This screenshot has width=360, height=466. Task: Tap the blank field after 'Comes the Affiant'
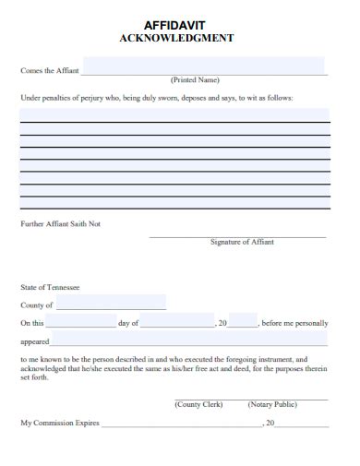203,66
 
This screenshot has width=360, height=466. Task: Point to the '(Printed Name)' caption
195,80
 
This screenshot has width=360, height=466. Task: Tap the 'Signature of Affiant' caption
242,242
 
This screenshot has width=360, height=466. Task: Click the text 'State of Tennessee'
50,287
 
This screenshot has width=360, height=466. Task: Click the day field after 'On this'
80,322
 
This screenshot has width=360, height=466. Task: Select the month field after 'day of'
176,322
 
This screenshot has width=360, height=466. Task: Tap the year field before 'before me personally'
243,322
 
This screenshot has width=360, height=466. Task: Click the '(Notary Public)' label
272,404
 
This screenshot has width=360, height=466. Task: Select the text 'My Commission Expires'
59,422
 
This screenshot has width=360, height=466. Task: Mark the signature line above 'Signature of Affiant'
238,236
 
